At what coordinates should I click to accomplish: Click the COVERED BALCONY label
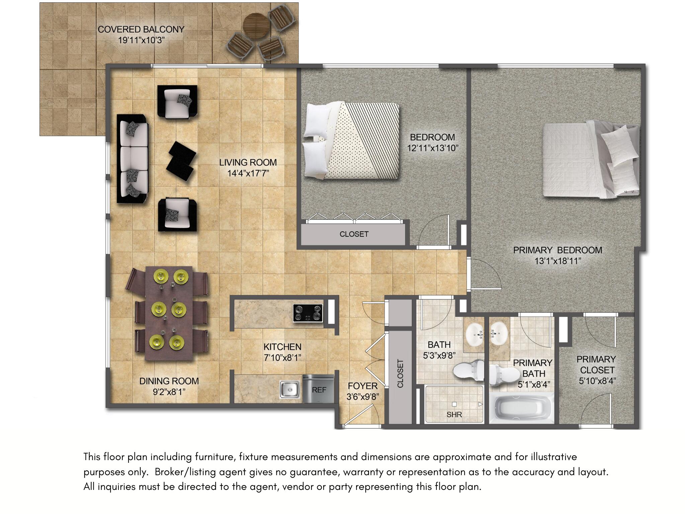click(x=141, y=29)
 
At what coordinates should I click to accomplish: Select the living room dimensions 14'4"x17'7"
click(x=248, y=173)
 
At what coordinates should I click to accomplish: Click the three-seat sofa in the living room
click(x=133, y=159)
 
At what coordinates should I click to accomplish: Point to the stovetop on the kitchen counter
click(x=308, y=313)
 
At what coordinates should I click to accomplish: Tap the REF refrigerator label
click(x=319, y=390)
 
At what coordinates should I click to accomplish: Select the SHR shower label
click(x=454, y=415)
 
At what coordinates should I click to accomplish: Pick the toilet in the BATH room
click(x=468, y=370)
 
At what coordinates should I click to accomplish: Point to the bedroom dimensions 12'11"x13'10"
click(x=432, y=148)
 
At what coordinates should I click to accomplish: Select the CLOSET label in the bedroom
click(x=354, y=234)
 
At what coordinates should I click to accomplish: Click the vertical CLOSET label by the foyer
click(x=400, y=373)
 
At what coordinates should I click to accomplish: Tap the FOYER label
click(x=362, y=386)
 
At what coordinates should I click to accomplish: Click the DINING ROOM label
click(x=169, y=381)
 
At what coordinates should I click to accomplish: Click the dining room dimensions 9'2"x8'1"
click(x=169, y=392)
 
